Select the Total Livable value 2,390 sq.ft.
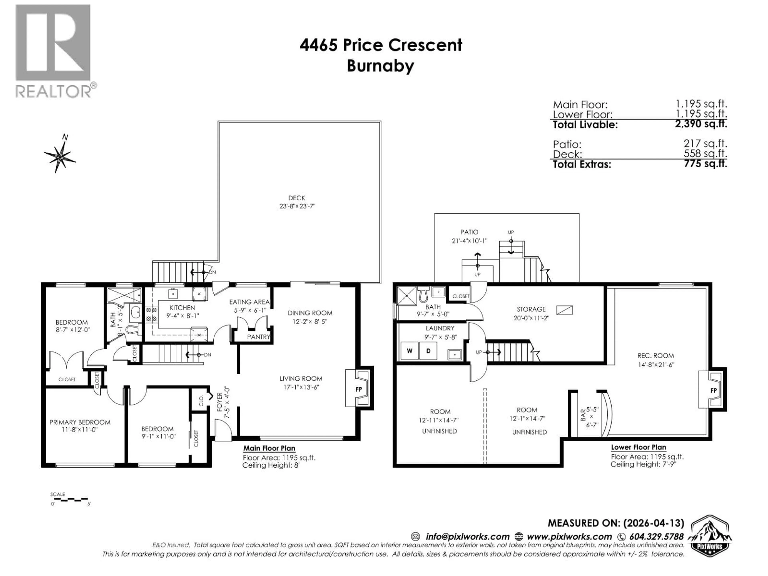tap(701, 124)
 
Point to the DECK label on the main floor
tap(297, 198)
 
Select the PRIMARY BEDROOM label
tap(80, 422)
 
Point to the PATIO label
tap(469, 232)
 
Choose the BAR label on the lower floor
tap(583, 416)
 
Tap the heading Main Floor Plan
tap(269, 448)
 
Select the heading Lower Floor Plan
tap(638, 447)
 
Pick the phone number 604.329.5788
tap(656, 536)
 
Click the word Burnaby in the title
tap(381, 66)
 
